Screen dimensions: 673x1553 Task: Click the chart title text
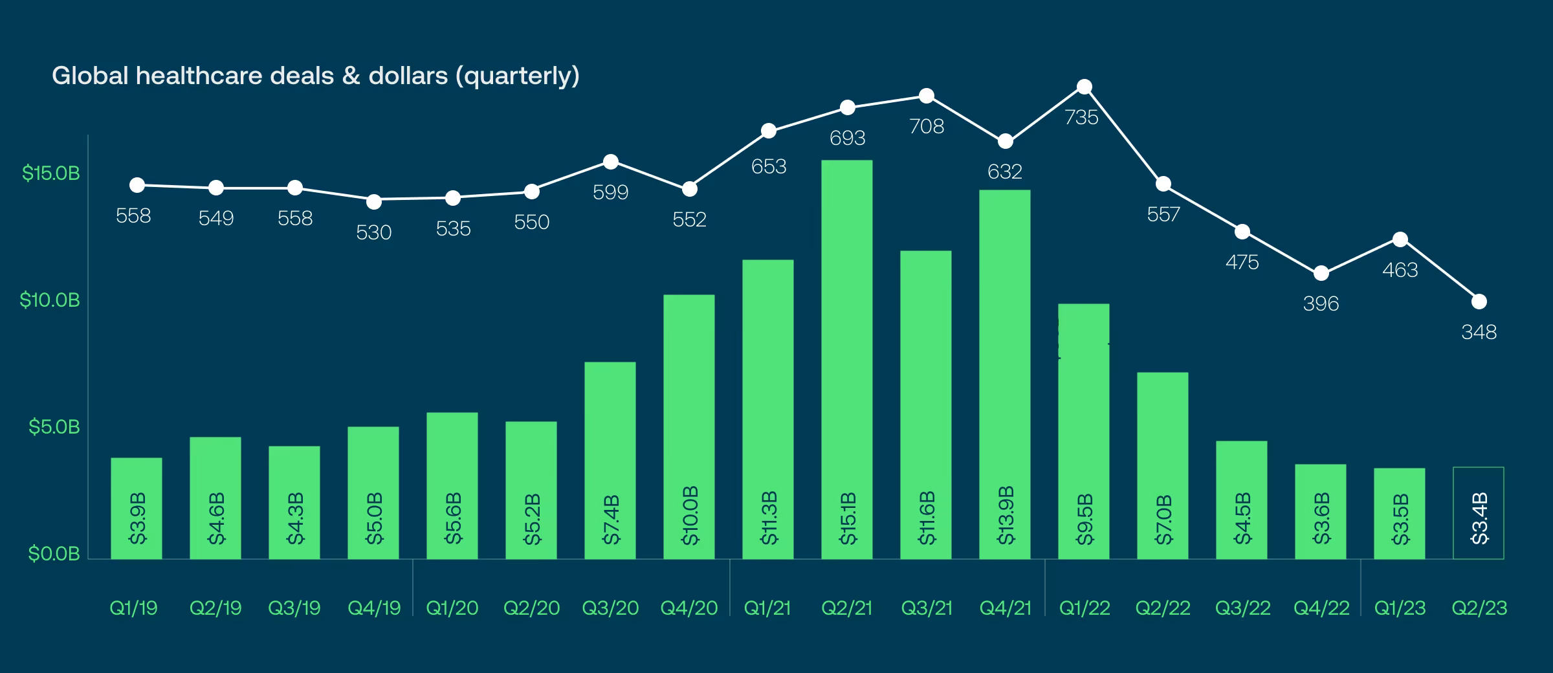tap(315, 76)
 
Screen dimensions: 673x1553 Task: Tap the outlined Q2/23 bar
tap(1478, 513)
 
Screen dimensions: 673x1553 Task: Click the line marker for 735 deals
tap(1085, 87)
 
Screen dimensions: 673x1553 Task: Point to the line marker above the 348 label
tap(1479, 302)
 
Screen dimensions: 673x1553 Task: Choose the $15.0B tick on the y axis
tap(50, 173)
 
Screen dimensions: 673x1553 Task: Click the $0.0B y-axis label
tap(54, 554)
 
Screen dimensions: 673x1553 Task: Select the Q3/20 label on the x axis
tap(610, 608)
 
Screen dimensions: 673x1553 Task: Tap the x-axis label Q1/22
tap(1085, 608)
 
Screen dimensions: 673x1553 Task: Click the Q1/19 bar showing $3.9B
tap(137, 508)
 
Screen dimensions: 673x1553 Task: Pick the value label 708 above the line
tap(926, 126)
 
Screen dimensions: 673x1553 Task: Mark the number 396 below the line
tap(1321, 303)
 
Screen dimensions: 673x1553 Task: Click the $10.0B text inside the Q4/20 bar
tap(690, 516)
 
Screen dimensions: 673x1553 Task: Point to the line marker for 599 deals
tap(610, 162)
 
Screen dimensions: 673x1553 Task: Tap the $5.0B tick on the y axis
tap(54, 427)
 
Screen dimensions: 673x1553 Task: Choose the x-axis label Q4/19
tap(374, 608)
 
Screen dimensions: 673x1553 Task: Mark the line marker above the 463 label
tap(1400, 239)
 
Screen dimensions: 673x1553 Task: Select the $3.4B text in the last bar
tap(1479, 518)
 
